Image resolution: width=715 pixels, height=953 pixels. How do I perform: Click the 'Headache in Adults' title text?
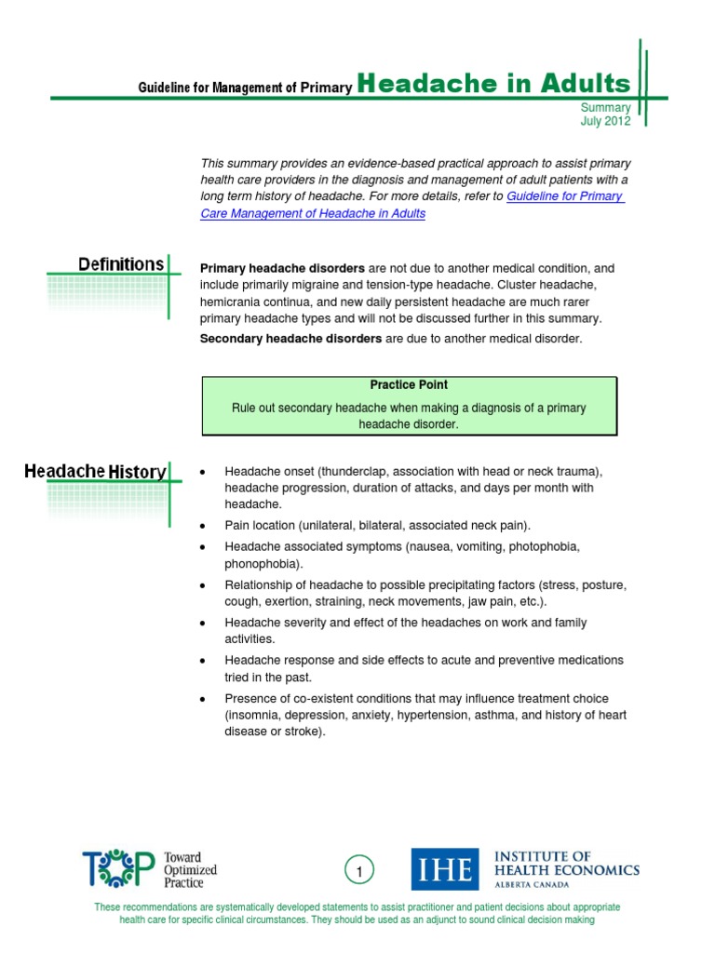493,84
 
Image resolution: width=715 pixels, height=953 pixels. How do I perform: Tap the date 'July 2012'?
605,121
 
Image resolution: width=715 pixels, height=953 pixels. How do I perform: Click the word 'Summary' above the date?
606,108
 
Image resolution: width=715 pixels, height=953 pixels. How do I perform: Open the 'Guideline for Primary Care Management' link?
564,196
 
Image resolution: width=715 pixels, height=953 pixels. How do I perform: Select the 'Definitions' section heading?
121,264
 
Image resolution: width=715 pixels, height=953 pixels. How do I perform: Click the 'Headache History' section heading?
95,472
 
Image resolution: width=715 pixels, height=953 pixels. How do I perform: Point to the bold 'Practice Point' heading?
409,384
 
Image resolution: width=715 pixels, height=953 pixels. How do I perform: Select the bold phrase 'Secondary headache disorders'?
290,339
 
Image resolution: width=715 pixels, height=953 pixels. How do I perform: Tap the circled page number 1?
359,871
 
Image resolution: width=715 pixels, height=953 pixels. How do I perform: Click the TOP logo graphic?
118,869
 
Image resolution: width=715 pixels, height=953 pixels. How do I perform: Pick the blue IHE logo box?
445,868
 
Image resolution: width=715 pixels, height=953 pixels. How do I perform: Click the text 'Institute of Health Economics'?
566,863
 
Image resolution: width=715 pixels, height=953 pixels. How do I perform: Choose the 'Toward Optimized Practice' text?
190,869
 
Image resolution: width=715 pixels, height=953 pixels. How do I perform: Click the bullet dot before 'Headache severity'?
202,623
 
